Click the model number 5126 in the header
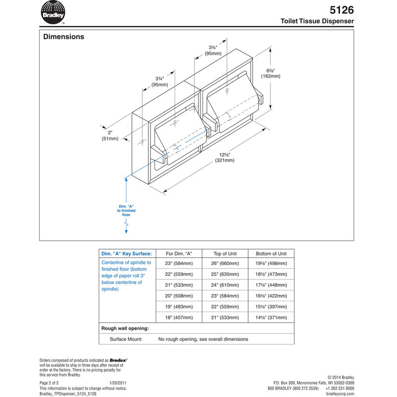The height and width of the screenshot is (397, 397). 341,9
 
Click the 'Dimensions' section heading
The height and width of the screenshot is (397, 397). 64,37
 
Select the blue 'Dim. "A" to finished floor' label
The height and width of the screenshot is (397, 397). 127,210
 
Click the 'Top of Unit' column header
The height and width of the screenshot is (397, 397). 223,253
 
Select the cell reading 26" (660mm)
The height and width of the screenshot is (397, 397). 223,263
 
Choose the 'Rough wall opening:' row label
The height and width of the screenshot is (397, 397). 125,329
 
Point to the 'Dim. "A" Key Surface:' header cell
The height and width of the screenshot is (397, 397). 127,253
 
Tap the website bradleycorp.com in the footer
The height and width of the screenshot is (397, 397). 340,394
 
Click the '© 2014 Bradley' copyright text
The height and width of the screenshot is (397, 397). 341,378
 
